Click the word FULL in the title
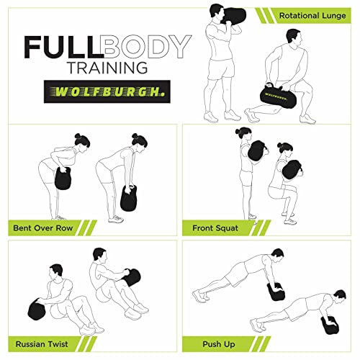[63, 47]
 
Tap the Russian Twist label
[41, 343]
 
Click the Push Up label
[210, 343]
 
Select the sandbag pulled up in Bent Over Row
[63, 176]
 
